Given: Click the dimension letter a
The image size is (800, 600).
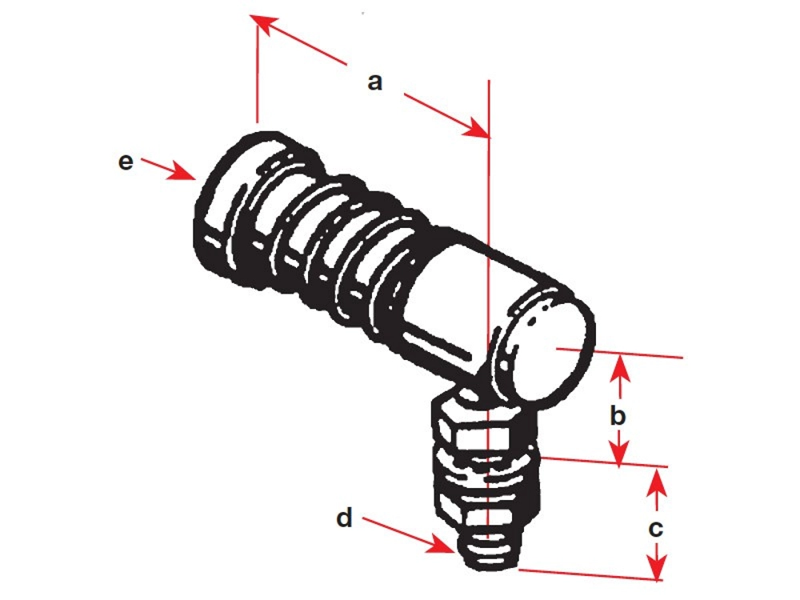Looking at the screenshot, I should pos(375,82).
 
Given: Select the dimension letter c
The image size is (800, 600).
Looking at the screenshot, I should pos(656,529).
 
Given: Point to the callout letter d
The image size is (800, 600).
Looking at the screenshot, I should pos(344,519).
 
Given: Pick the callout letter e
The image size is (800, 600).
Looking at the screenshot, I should pos(126,162).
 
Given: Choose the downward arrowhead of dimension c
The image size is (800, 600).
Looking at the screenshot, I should pos(657,571).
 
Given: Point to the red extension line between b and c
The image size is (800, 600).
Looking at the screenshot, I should pos(600,462).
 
